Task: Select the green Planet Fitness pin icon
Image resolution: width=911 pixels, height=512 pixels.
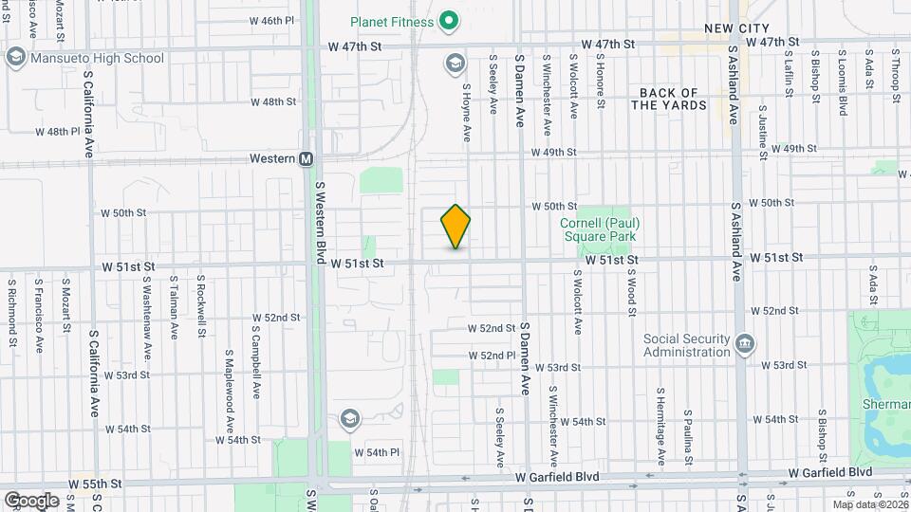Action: pyautogui.click(x=449, y=20)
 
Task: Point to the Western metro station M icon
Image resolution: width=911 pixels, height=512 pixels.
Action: pyautogui.click(x=307, y=159)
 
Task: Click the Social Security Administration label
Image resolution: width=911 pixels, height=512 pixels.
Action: pyautogui.click(x=686, y=345)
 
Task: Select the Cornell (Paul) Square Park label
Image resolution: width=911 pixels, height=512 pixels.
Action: pyautogui.click(x=599, y=228)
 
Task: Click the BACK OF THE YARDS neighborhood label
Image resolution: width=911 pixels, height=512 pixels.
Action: pyautogui.click(x=670, y=99)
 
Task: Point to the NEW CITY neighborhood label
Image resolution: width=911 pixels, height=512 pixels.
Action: pyautogui.click(x=736, y=28)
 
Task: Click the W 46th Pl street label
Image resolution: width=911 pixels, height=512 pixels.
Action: pyautogui.click(x=272, y=21)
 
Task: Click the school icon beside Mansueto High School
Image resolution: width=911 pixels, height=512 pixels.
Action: pyautogui.click(x=16, y=58)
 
